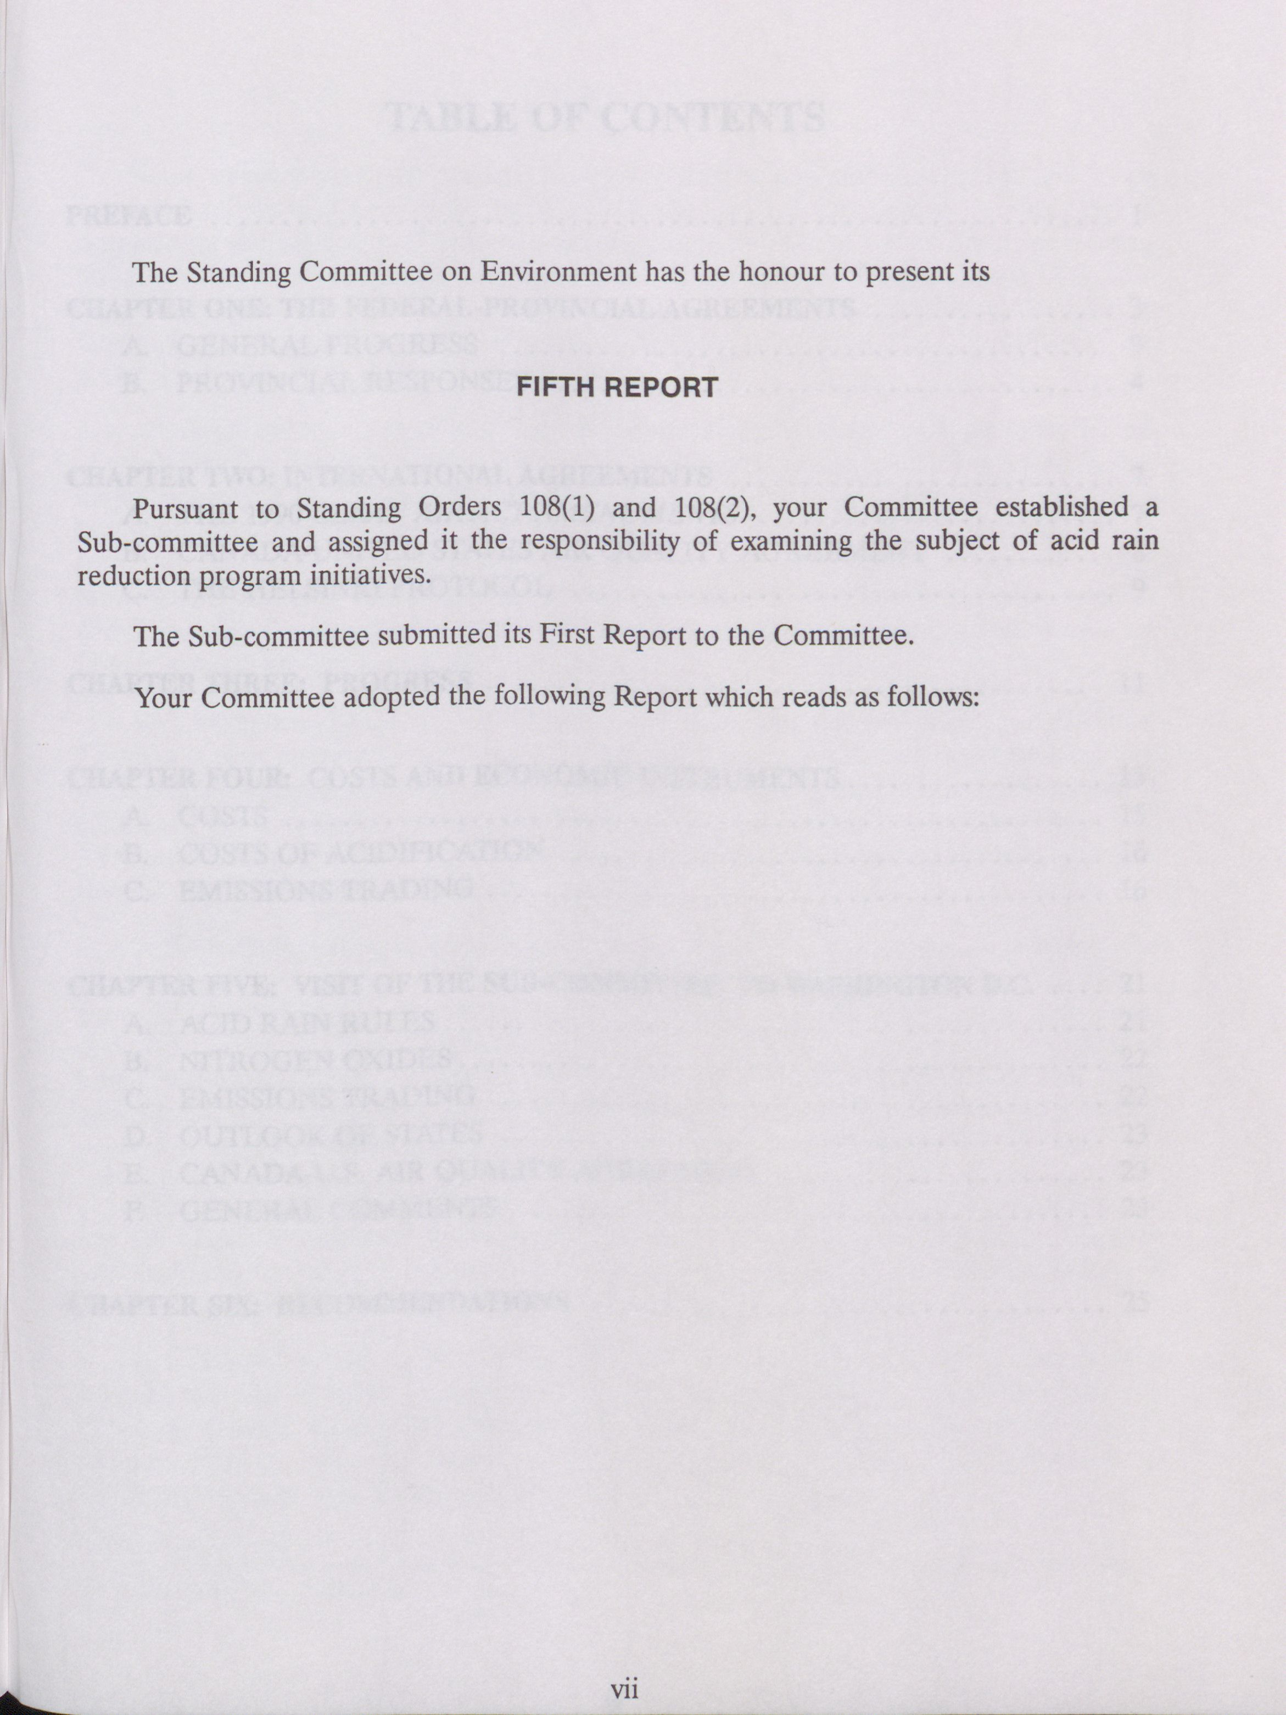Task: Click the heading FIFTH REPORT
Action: (x=617, y=387)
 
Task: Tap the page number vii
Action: (x=624, y=1689)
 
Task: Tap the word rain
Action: (x=1135, y=540)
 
